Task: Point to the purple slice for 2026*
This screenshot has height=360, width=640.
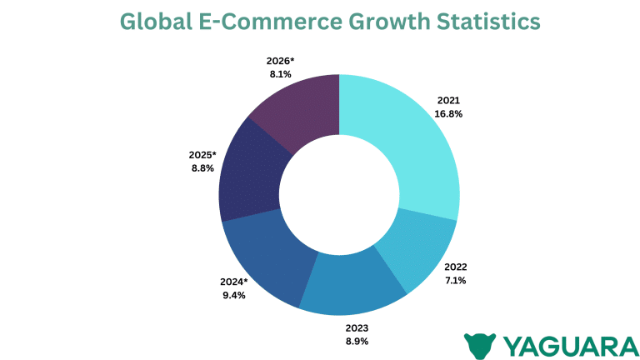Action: (300, 108)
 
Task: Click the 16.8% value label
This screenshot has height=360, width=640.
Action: (448, 113)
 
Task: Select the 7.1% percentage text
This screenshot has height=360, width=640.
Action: (455, 280)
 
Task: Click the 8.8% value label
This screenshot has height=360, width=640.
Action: (202, 167)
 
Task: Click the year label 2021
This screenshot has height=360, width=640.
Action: (448, 100)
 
